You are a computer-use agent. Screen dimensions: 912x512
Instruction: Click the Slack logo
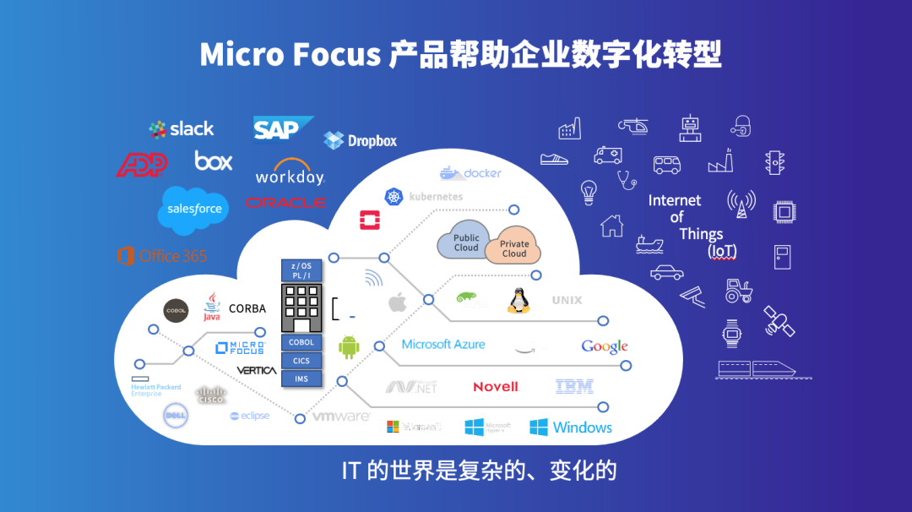182,128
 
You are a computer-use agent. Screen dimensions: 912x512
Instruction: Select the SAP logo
281,129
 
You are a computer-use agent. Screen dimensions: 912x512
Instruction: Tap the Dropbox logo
361,140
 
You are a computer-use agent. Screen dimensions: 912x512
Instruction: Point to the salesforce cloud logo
194,208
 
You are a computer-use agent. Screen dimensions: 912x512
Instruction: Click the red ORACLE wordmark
285,203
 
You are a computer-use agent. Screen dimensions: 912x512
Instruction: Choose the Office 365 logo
162,255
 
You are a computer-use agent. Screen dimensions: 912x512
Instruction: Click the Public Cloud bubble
465,242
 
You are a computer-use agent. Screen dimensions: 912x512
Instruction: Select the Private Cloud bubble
514,248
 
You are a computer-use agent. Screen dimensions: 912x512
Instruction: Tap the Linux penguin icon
518,300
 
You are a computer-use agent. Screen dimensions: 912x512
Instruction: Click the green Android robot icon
349,346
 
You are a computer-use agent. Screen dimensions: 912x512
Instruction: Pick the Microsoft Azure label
443,345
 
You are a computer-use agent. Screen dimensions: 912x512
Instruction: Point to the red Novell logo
496,387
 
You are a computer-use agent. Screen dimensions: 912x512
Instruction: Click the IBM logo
574,387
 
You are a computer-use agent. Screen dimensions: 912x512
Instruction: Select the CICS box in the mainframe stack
301,361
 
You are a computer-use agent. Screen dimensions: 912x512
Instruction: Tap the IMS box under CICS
301,379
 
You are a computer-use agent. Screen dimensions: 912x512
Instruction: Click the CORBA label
247,309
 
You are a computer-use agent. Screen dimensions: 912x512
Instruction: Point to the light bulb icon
589,192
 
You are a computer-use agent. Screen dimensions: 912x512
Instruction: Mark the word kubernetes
436,197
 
